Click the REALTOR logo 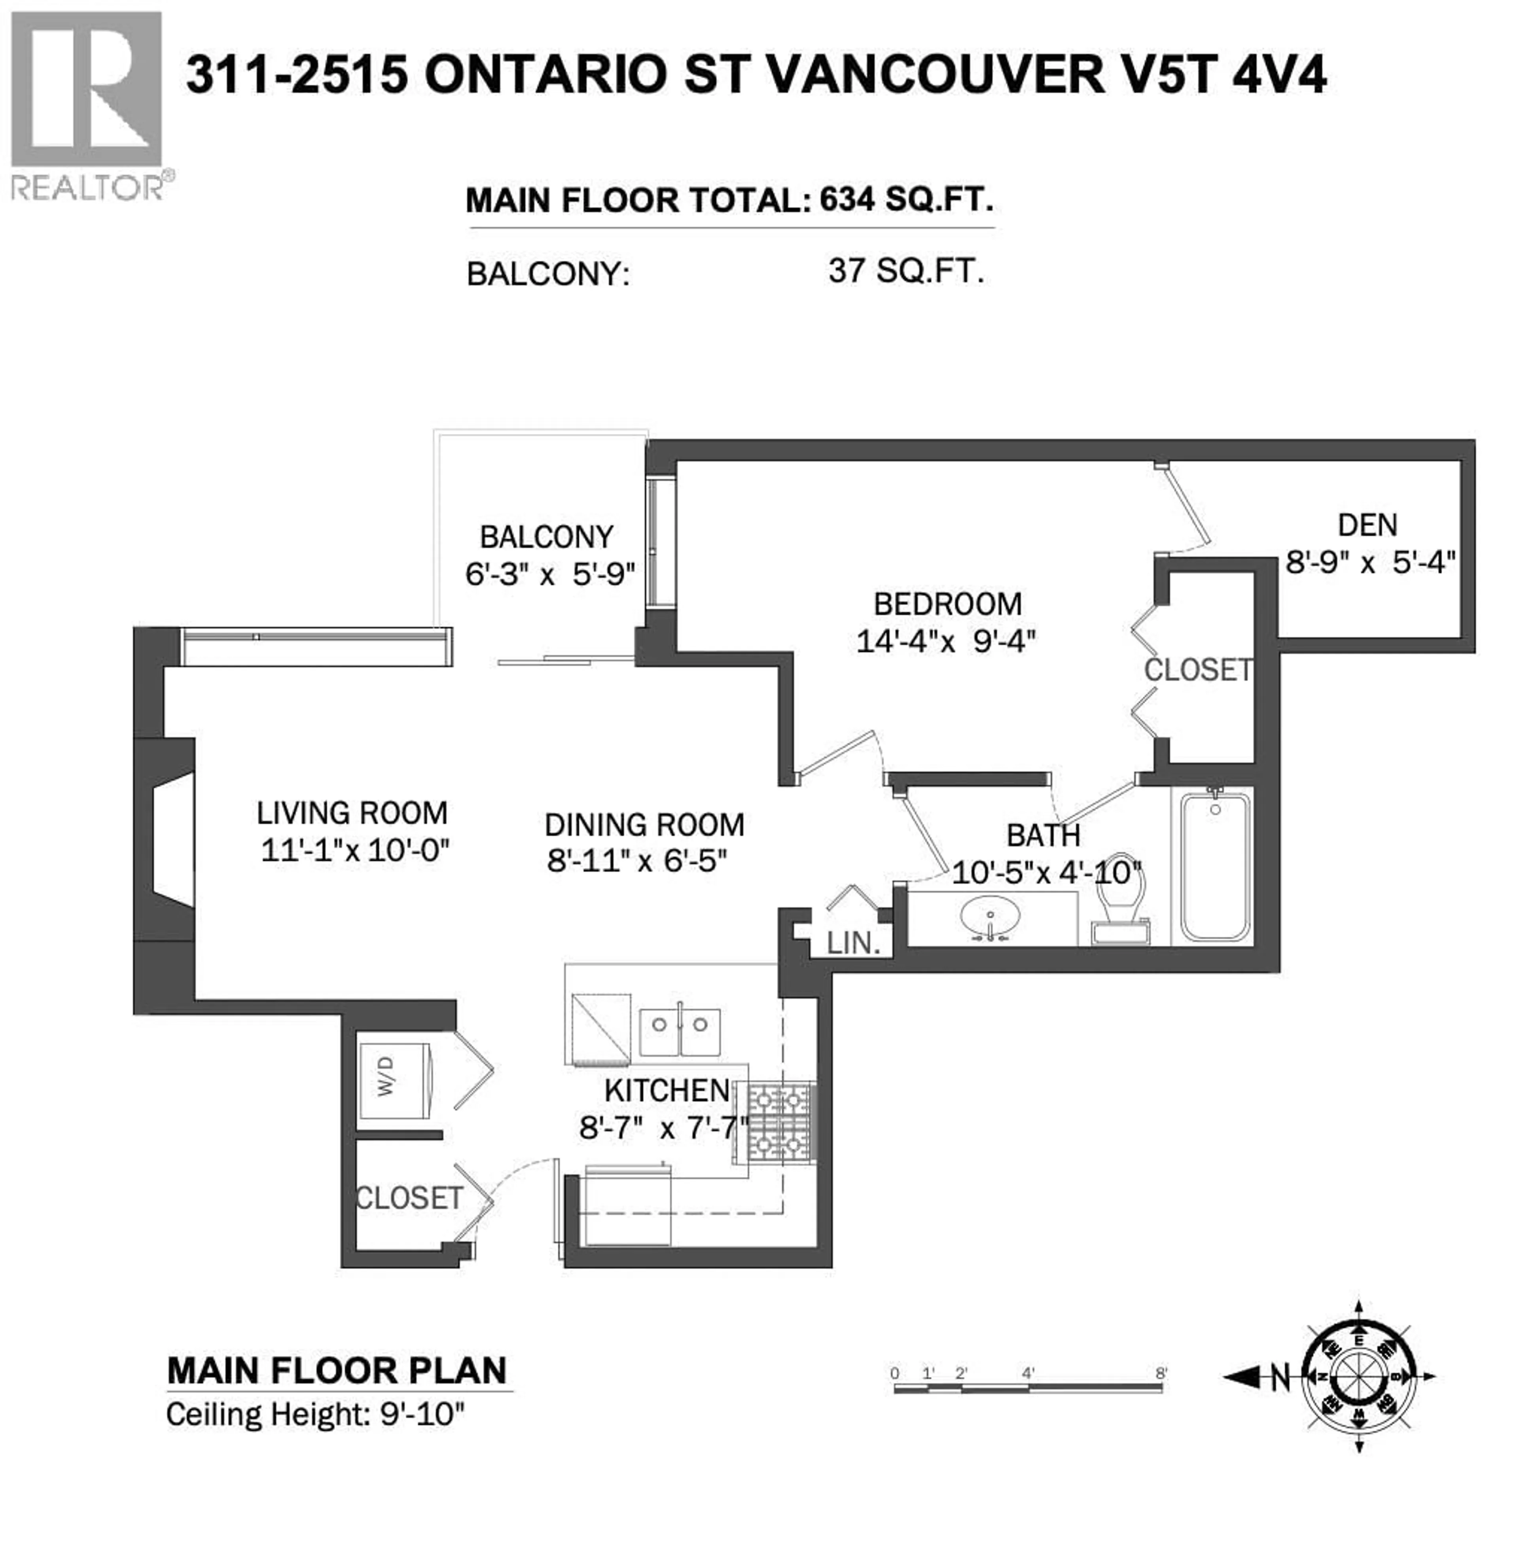(x=86, y=104)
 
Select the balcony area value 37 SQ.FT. (x=905, y=271)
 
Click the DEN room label (x=1367, y=525)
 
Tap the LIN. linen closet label (x=853, y=943)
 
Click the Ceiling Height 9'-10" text (x=315, y=1415)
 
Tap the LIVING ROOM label (x=352, y=813)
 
